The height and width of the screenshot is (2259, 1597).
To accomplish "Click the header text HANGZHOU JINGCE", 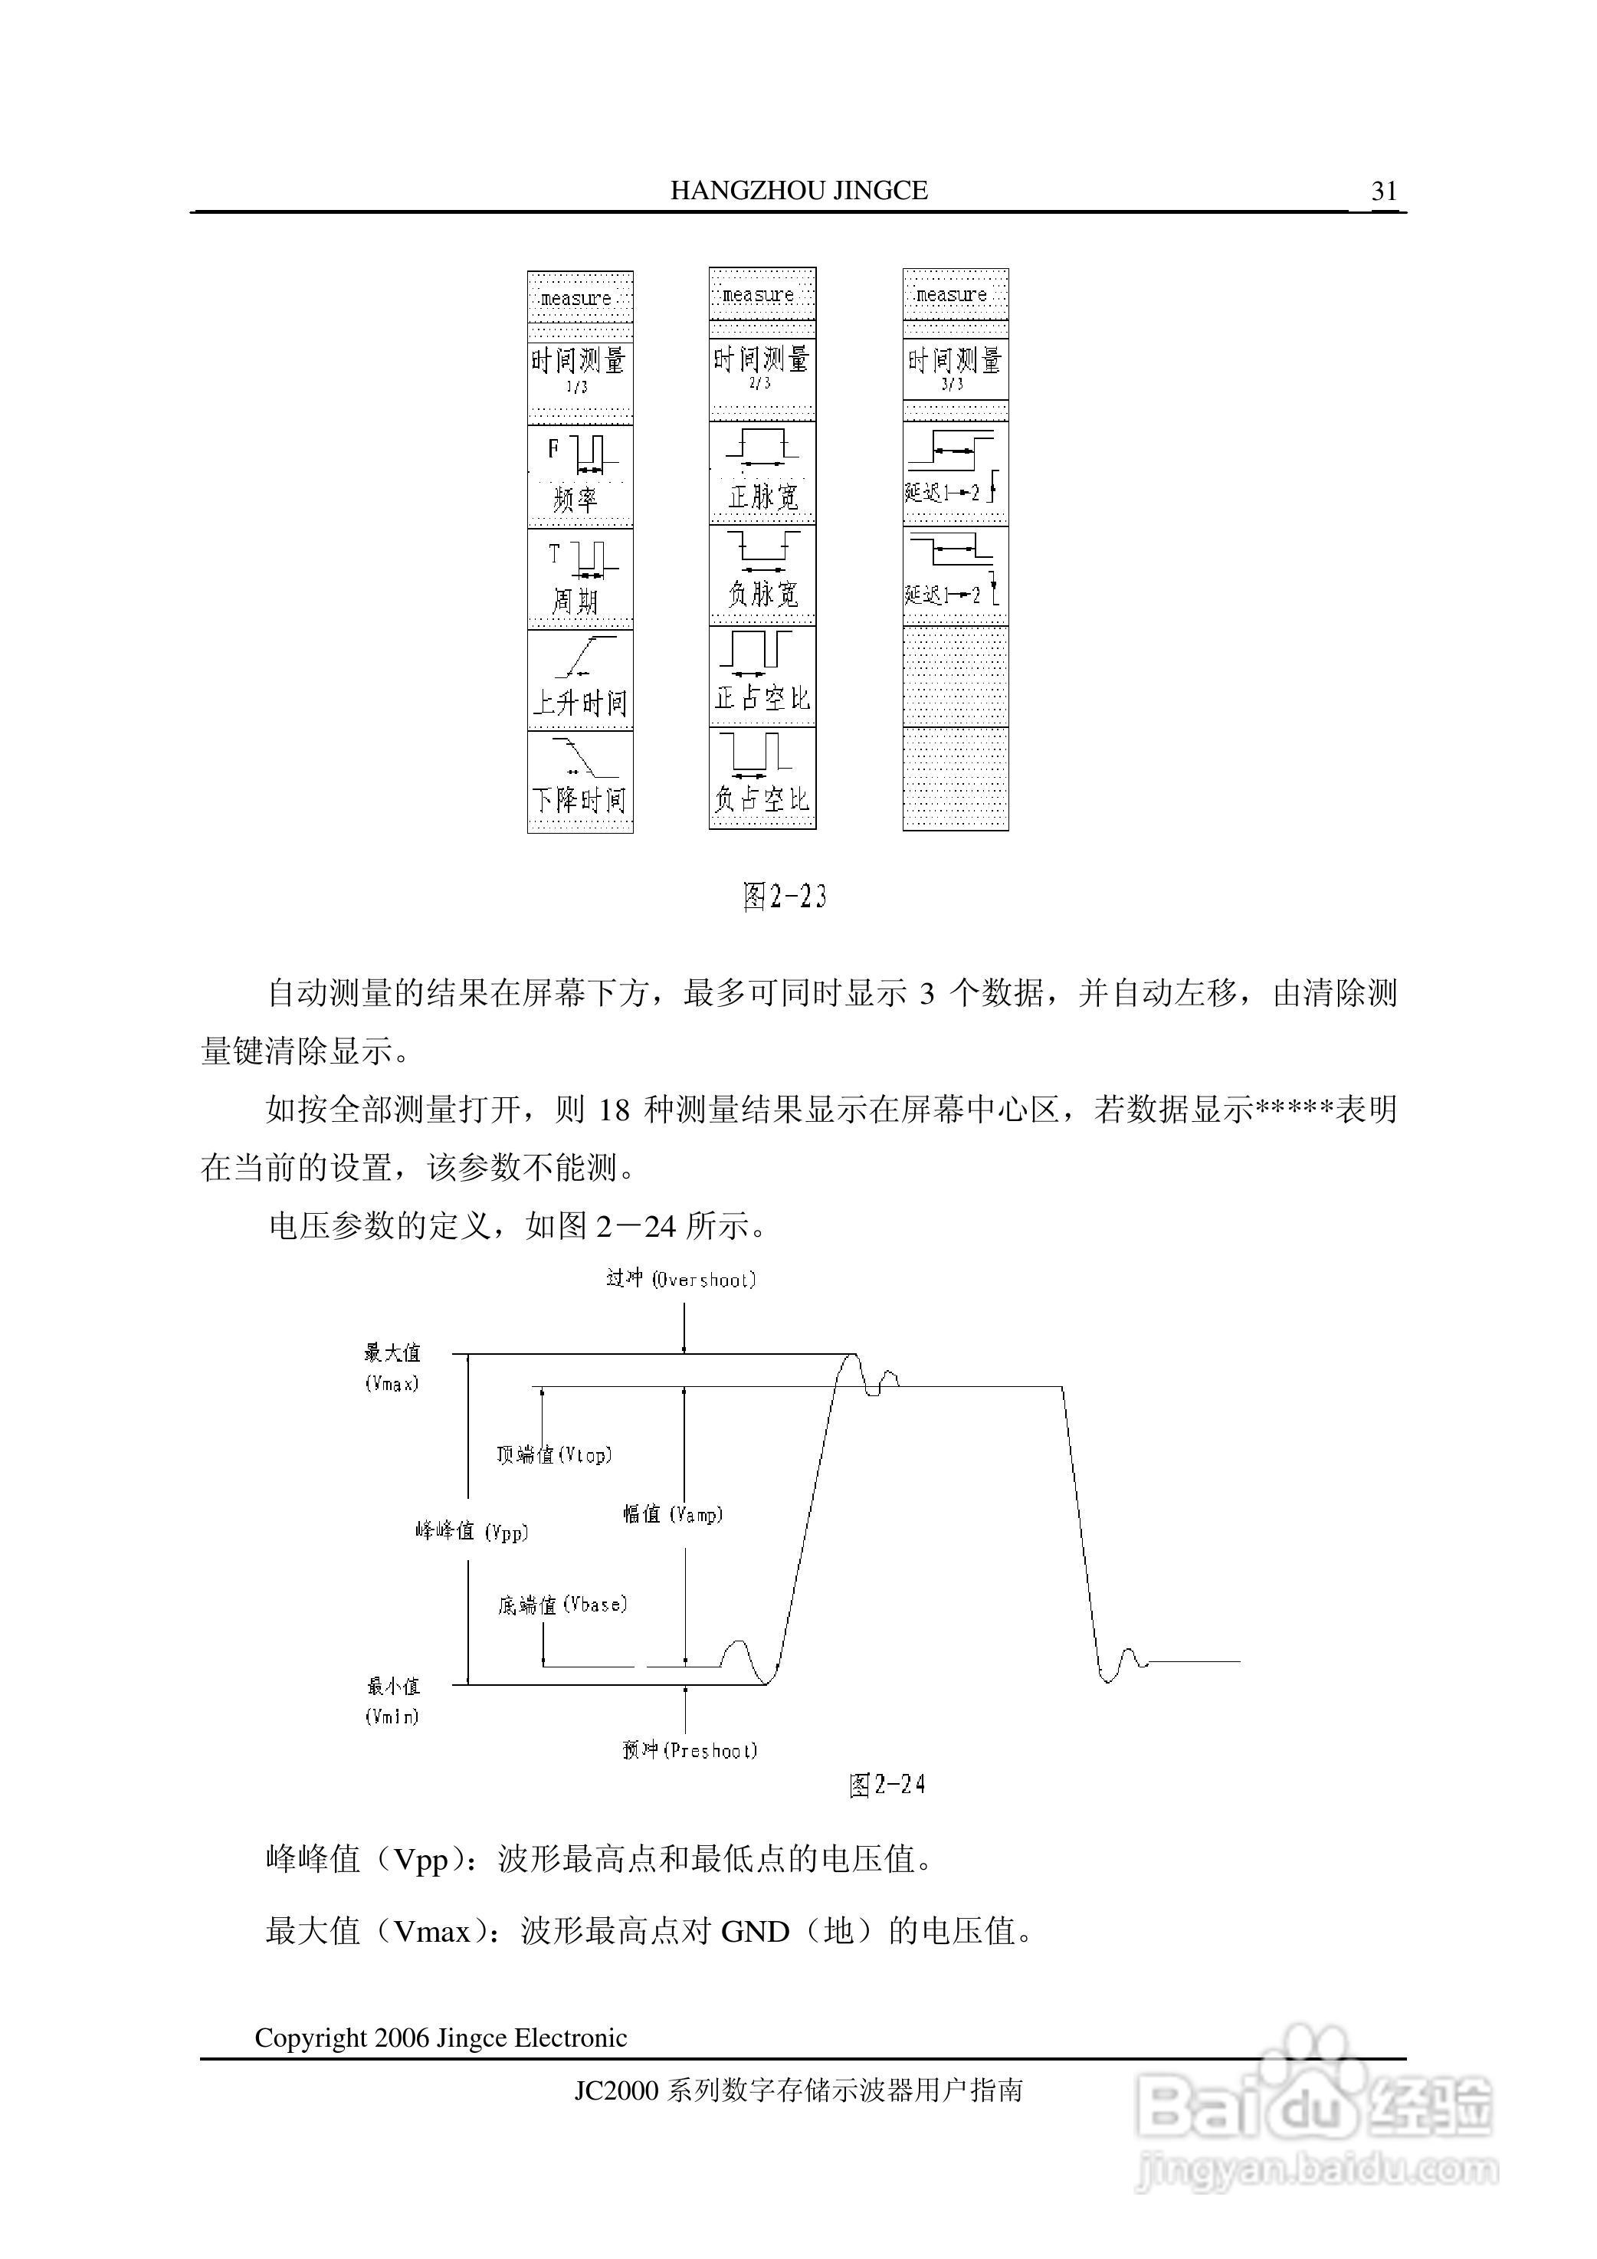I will pyautogui.click(x=799, y=190).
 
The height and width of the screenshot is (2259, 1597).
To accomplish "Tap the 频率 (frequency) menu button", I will pyautogui.click(x=579, y=476).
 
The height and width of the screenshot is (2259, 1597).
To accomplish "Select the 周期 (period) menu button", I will pyautogui.click(x=579, y=579).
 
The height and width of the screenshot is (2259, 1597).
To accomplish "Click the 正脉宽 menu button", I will pyautogui.click(x=762, y=472).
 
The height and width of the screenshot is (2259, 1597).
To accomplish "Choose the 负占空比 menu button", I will pyautogui.click(x=762, y=777).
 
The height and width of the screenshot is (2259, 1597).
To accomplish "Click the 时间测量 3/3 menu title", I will pyautogui.click(x=955, y=368).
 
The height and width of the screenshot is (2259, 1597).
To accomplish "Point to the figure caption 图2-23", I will pyautogui.click(x=784, y=897).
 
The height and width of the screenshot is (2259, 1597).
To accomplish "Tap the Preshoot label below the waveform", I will pyautogui.click(x=690, y=1749).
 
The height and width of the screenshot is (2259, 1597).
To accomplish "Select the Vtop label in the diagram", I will pyautogui.click(x=554, y=1454).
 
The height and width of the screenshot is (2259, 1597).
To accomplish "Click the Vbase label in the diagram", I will pyautogui.click(x=562, y=1605).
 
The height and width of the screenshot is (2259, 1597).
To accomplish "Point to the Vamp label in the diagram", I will pyautogui.click(x=673, y=1514).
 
